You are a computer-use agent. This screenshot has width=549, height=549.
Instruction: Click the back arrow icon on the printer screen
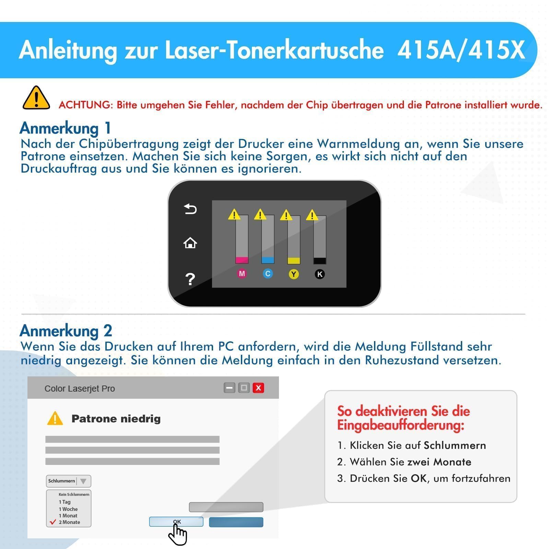click(190, 209)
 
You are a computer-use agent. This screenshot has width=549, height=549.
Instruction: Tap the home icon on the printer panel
click(190, 243)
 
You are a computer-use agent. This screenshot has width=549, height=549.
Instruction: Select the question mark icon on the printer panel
click(190, 279)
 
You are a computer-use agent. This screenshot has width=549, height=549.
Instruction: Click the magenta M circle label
click(242, 274)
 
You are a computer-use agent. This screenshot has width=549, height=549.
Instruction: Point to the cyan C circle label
click(268, 274)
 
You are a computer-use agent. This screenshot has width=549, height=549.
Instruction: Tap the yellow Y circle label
click(294, 274)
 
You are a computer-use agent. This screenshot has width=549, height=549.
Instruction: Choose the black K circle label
click(320, 274)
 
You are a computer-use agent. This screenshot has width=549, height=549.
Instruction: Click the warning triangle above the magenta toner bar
click(234, 214)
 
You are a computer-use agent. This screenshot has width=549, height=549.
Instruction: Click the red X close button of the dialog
click(258, 388)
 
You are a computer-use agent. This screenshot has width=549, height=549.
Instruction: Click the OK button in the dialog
click(176, 522)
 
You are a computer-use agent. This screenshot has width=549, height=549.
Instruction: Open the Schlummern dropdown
click(69, 481)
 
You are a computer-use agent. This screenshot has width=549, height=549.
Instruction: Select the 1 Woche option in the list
click(68, 509)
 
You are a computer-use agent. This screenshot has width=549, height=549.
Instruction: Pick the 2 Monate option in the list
click(69, 522)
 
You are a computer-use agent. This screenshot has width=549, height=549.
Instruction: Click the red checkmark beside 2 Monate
click(53, 522)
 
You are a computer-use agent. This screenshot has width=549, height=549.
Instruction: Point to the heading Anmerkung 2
click(66, 331)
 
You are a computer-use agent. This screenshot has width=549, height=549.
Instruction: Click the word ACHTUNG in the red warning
click(85, 105)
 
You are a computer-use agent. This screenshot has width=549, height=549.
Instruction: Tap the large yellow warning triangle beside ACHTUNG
click(36, 98)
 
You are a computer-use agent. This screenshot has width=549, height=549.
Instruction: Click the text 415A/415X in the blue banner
click(461, 50)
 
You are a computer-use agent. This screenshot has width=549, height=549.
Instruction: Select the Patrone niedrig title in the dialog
click(116, 419)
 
